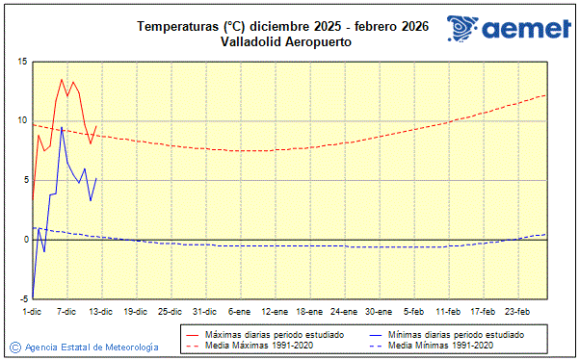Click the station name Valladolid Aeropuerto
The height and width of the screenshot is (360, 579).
point(282,42)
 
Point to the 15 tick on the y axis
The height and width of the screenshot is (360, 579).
point(21,62)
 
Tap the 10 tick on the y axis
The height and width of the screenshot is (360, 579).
point(21,120)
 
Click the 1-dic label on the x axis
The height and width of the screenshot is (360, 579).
point(32,311)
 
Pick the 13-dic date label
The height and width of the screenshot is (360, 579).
point(101,311)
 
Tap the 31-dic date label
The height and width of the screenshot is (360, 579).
point(204,311)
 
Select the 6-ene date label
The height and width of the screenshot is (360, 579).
point(240,311)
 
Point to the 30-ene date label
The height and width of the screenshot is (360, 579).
point(379,311)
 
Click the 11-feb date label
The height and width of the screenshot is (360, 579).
point(448,311)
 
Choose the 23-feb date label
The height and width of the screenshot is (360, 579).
point(517,311)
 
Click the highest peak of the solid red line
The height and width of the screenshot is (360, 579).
point(62,80)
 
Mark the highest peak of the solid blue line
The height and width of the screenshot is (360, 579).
point(62,127)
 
